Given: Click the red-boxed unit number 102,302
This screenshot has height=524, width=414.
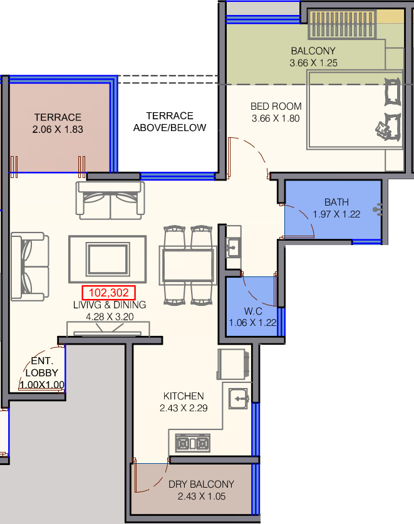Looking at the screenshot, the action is [x=109, y=293].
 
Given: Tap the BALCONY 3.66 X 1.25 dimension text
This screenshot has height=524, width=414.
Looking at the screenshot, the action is [x=314, y=63].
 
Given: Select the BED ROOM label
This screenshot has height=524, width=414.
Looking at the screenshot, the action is [x=276, y=107].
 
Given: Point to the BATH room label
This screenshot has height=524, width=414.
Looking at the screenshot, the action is [x=336, y=202].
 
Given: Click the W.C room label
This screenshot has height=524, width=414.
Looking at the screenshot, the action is [x=253, y=311].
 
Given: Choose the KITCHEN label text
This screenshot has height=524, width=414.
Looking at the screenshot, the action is [x=184, y=396].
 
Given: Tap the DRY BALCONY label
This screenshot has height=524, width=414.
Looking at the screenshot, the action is [x=201, y=485].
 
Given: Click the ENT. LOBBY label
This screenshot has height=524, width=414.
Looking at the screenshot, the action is [x=42, y=367].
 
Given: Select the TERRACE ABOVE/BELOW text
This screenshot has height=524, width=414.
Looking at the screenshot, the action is [x=170, y=122].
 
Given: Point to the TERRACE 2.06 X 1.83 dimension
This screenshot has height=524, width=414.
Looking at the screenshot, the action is [x=58, y=129].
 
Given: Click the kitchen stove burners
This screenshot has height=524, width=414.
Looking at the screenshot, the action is [x=193, y=443].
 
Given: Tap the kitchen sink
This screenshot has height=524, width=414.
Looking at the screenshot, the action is [x=239, y=399].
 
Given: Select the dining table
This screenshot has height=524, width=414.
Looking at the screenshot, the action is [x=188, y=265].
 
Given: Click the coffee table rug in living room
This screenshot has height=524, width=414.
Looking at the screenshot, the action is [x=108, y=259].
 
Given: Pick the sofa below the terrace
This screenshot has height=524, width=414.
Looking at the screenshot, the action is [x=110, y=200].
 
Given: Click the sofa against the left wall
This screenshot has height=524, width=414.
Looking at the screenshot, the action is [x=29, y=266].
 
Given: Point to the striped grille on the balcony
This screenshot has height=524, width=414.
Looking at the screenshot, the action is [x=342, y=24].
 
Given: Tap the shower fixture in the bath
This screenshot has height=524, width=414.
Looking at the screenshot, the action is [x=378, y=209].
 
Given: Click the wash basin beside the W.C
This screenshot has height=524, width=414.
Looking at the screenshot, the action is [x=234, y=248].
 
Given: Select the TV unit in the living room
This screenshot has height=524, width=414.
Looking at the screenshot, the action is [x=108, y=329].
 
